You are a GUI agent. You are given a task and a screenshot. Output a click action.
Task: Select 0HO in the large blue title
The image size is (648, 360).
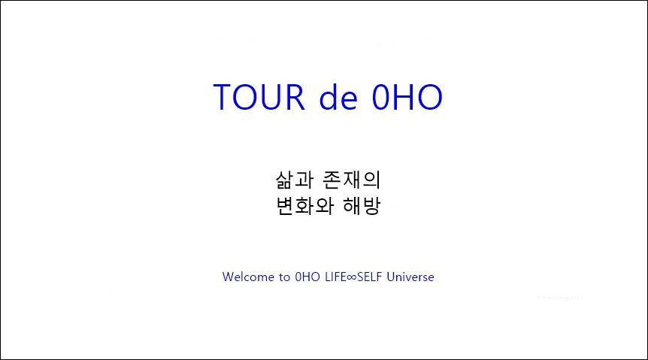(407, 98)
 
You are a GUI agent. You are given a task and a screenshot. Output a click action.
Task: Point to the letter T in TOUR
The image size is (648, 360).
(224, 98)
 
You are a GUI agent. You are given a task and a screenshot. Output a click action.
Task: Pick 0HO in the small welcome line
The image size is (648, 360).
(309, 277)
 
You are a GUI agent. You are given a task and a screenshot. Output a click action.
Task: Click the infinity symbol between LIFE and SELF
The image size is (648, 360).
(351, 277)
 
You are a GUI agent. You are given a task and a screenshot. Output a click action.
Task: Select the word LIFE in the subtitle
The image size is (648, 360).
(335, 277)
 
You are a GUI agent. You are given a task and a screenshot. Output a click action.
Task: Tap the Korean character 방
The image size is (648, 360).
(373, 206)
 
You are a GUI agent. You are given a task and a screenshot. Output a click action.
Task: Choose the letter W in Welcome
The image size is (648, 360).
(228, 277)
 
